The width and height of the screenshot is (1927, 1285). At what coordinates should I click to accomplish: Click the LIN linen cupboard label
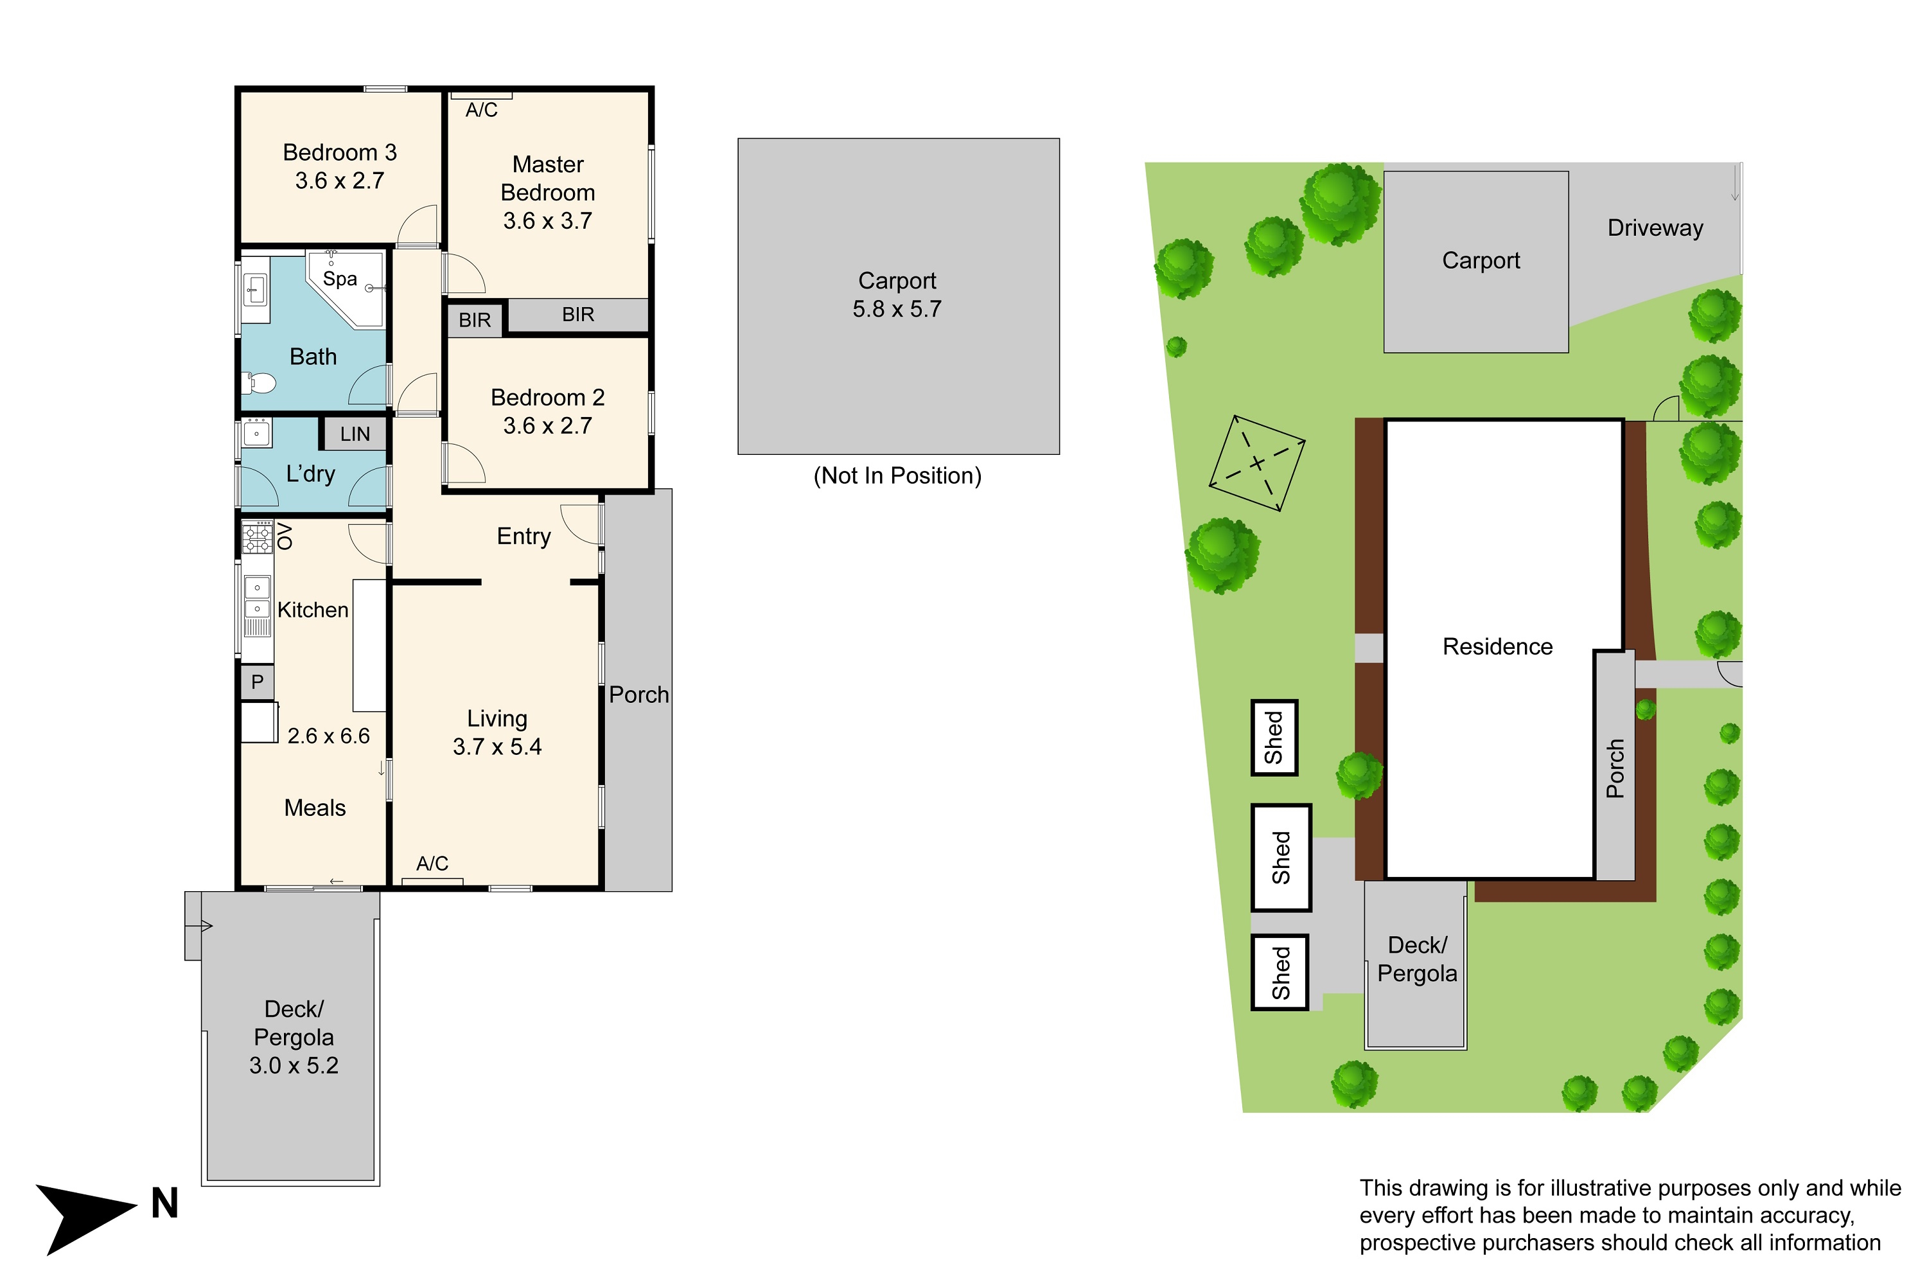355,434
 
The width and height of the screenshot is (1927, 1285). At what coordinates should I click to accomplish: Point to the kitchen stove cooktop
258,538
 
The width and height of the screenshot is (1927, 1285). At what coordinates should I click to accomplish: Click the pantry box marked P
258,682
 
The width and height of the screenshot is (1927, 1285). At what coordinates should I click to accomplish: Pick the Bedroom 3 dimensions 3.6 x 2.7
340,181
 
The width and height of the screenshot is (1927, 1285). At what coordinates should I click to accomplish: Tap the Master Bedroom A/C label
482,110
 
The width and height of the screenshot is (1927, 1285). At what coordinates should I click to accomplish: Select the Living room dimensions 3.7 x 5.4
497,747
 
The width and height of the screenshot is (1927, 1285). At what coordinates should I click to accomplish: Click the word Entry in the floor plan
524,536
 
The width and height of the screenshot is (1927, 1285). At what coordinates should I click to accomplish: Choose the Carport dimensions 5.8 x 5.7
897,309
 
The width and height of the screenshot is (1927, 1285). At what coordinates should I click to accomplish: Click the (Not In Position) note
897,476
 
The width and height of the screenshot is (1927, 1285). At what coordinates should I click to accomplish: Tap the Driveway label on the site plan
1655,228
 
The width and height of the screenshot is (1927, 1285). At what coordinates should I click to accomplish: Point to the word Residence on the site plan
1498,646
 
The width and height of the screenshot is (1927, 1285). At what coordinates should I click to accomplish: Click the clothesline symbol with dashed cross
1257,463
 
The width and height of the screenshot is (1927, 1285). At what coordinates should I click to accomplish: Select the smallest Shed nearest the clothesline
1274,738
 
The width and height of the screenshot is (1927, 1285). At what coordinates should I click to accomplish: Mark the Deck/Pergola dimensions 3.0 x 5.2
294,1065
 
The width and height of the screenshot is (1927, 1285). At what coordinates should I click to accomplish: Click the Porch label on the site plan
1615,768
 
